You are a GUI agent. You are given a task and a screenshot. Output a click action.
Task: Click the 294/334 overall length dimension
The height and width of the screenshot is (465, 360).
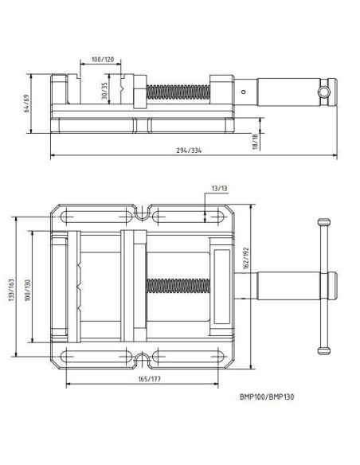(189, 150)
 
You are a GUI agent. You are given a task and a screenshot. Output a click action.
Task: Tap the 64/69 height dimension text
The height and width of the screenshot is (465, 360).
(26, 104)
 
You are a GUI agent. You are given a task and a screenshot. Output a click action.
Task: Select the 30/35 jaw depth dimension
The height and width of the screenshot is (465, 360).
(104, 91)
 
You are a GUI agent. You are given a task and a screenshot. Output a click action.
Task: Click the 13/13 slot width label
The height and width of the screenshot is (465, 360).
(220, 189)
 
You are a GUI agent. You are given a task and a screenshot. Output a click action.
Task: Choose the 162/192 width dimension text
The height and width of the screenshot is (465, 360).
(246, 258)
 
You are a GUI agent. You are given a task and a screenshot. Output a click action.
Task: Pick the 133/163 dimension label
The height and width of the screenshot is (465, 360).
(12, 290)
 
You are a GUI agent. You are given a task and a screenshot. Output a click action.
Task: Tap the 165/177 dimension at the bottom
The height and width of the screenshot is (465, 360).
(150, 379)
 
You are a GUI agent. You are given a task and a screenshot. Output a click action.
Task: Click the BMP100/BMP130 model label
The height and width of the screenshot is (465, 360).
(267, 397)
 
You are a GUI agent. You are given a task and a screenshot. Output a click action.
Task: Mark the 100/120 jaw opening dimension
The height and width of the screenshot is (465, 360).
(103, 60)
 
